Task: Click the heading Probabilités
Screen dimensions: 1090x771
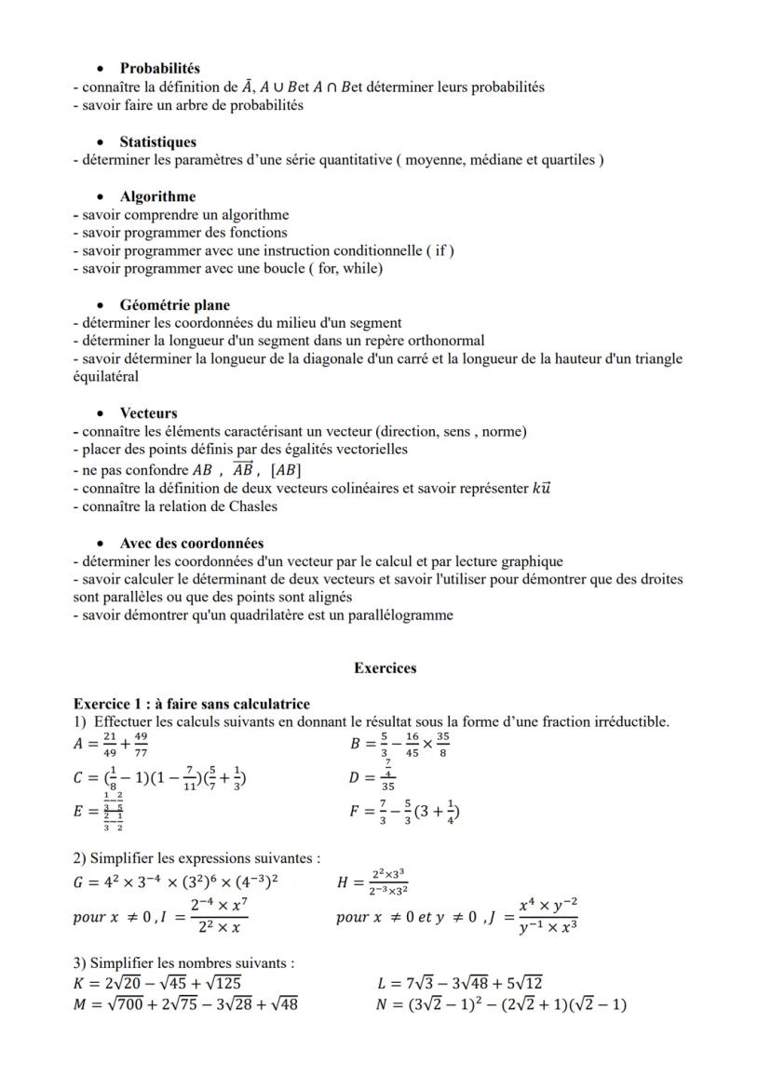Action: (159, 68)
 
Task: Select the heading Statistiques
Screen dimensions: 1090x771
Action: (157, 141)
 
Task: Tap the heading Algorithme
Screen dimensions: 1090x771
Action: (157, 196)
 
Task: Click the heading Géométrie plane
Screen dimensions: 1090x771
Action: (174, 304)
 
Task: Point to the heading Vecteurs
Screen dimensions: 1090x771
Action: (148, 412)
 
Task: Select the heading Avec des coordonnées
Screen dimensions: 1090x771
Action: (191, 543)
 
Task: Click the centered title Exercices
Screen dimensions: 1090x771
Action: (385, 667)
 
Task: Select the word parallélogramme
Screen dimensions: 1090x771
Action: (399, 614)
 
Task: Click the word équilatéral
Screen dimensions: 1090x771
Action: (105, 377)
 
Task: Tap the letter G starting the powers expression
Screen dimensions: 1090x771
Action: (78, 882)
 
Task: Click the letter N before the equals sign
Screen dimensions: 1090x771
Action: (385, 1004)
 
